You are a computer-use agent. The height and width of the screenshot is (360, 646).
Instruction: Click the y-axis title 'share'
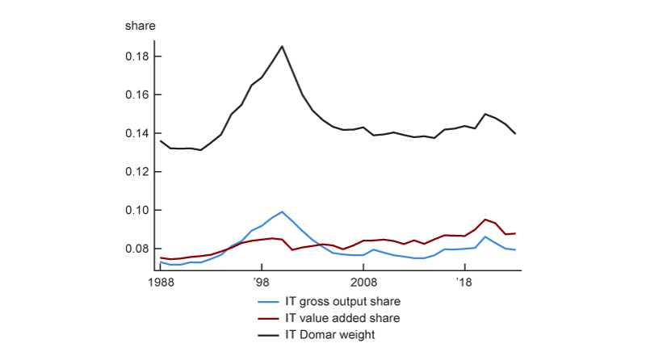(140, 25)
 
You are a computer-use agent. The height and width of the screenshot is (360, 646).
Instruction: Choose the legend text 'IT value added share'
(342, 318)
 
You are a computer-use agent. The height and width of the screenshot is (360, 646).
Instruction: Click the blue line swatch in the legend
(268, 301)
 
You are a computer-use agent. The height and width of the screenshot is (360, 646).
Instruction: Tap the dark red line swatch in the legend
(268, 318)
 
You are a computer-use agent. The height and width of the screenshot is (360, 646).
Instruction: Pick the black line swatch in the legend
(268, 335)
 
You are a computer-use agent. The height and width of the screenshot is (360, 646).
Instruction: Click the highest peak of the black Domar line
(282, 46)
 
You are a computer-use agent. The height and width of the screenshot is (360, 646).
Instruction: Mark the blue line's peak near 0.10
(282, 211)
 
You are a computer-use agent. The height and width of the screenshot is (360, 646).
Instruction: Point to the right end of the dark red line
(515, 233)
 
